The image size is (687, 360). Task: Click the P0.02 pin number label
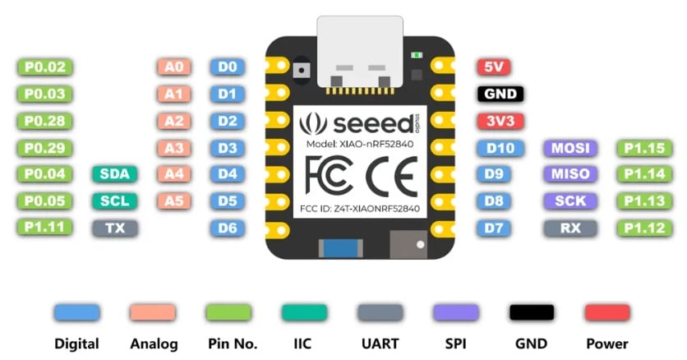point(44,67)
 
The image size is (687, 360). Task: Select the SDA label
point(115,174)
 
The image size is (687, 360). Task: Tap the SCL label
point(115,201)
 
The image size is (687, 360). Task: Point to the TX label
point(115,228)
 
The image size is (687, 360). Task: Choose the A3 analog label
point(174,149)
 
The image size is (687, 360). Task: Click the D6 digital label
point(228,228)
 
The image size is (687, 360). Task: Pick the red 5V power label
point(494,67)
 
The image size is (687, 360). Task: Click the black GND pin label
point(500,94)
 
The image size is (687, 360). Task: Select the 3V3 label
point(500,121)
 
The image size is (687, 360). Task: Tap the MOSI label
point(570,149)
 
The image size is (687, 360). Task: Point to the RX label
point(570,228)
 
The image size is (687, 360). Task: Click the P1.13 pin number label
point(644,201)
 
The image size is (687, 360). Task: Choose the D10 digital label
point(500,149)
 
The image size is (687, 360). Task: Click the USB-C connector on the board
point(360,53)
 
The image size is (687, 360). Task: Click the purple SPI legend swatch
point(455,312)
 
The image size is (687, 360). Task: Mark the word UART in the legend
point(380,344)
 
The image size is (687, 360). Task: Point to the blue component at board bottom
point(341,248)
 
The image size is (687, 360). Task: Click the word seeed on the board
point(374,124)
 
